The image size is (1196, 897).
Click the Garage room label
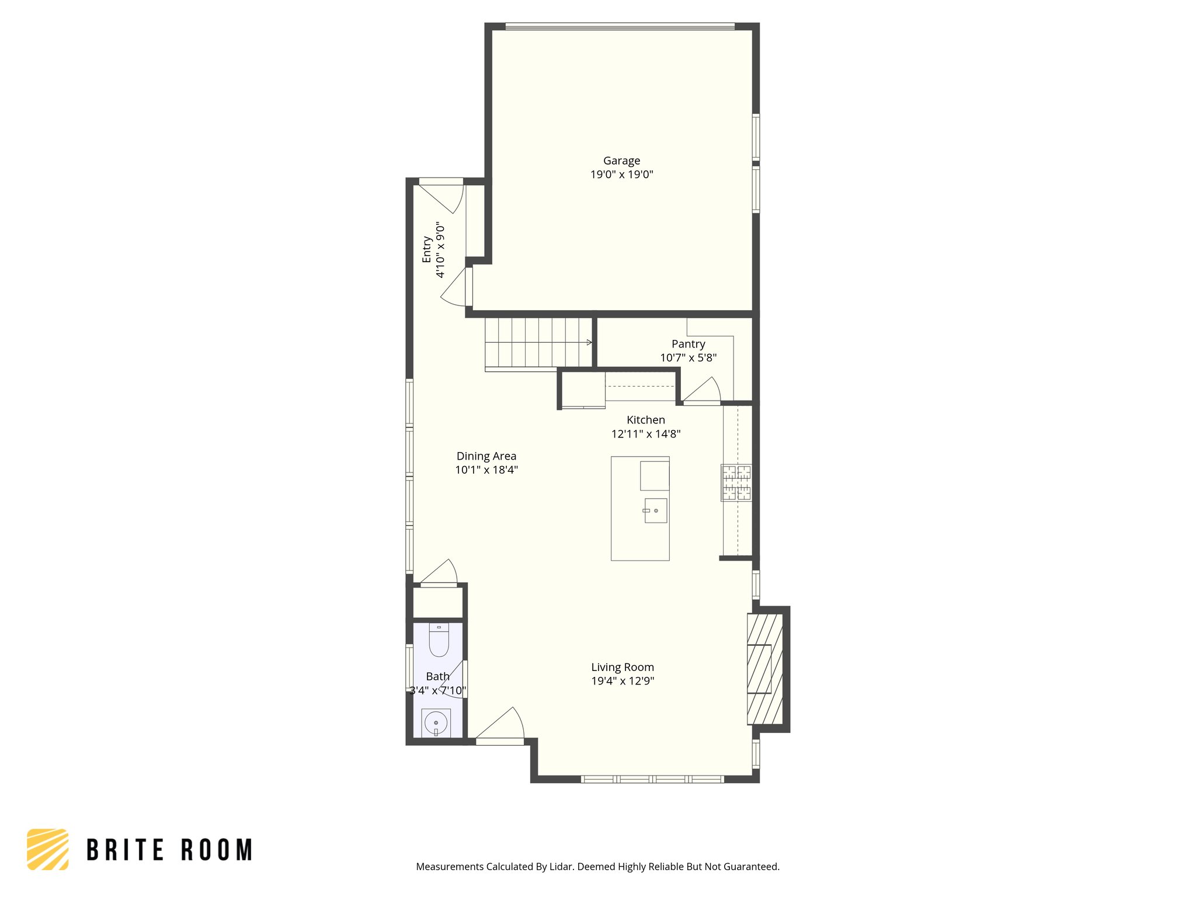(x=621, y=161)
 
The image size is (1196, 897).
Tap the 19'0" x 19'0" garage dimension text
(x=621, y=174)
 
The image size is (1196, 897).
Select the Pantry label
(x=688, y=344)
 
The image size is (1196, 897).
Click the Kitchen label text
(x=645, y=420)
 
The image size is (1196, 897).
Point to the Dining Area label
(x=486, y=456)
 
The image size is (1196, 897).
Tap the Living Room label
(x=622, y=667)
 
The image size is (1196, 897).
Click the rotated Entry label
(x=427, y=249)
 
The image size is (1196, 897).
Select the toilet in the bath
(x=439, y=641)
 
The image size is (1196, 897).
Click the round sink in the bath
(x=436, y=724)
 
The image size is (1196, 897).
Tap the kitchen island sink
(x=655, y=510)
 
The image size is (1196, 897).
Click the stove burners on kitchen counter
(x=736, y=483)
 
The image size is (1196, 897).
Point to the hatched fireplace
(x=764, y=669)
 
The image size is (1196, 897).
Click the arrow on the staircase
(x=589, y=342)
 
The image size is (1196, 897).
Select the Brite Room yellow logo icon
(x=48, y=849)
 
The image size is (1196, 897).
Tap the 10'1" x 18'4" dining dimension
(x=486, y=470)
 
